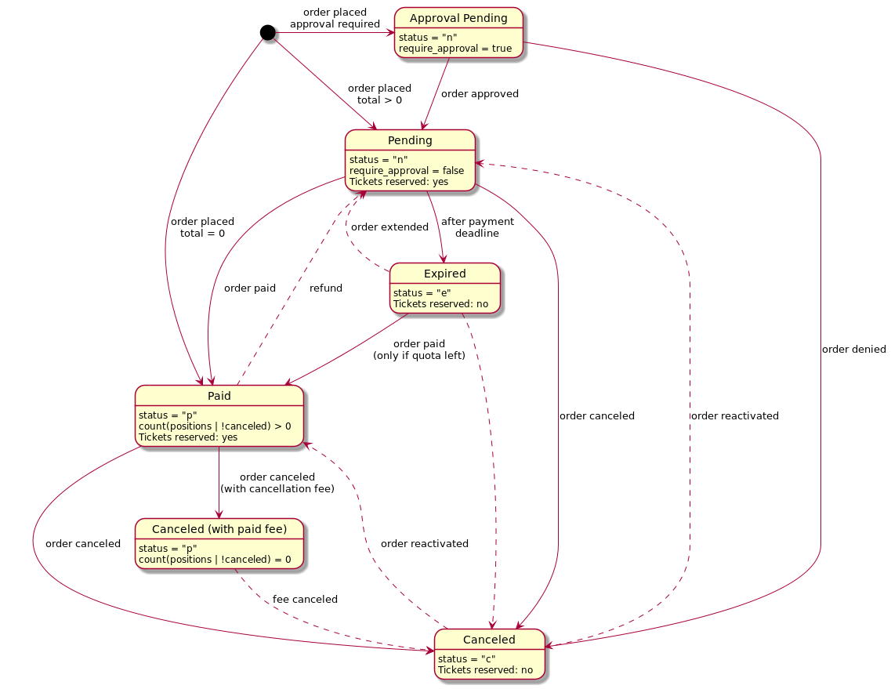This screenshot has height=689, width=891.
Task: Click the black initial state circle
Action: (x=267, y=32)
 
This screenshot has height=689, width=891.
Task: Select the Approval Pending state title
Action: (x=458, y=18)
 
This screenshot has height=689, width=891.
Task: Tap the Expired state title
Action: (x=444, y=274)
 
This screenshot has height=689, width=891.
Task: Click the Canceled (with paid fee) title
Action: (x=219, y=529)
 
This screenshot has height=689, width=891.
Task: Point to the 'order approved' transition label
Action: (x=480, y=94)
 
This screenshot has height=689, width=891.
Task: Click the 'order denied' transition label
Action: (x=853, y=349)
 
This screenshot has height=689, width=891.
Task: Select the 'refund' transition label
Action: (x=326, y=288)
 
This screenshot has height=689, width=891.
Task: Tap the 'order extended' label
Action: (x=389, y=227)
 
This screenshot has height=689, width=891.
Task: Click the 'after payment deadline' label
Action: (x=477, y=227)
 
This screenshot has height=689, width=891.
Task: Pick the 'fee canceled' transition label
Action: (x=305, y=600)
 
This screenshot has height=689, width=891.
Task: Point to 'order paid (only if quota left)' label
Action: (x=419, y=350)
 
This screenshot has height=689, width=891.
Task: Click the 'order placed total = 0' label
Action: (x=202, y=227)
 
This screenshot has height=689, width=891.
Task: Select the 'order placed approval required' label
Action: (x=335, y=18)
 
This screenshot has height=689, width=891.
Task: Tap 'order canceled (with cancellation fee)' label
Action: (x=277, y=483)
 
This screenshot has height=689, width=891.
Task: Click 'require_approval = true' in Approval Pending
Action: (x=455, y=49)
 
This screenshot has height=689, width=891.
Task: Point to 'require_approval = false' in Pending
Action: (x=407, y=171)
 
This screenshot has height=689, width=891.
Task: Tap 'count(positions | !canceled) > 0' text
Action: (x=215, y=426)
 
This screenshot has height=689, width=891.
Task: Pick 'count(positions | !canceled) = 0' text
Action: (x=215, y=560)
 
